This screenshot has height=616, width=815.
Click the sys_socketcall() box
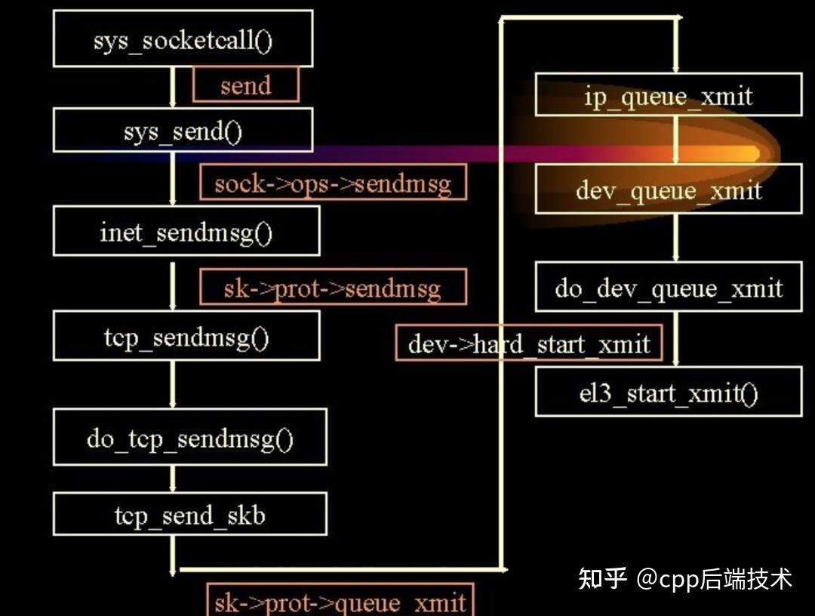coord(183,38)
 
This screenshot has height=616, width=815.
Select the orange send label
coord(246,85)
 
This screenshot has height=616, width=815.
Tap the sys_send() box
coord(183,131)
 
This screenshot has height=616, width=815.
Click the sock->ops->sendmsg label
coord(333,183)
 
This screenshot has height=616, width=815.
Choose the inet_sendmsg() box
coord(186,231)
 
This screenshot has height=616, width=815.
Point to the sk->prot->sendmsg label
coord(333,288)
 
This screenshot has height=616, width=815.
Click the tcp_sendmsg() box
coord(186,336)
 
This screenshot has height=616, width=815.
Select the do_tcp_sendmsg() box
coord(189,437)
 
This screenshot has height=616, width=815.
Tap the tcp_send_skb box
coord(189,515)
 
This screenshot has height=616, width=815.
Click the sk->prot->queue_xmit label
coord(340,601)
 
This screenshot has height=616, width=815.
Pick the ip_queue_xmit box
coord(668,95)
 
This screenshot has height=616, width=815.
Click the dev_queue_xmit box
coord(668,189)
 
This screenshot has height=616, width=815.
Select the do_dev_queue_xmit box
coord(668,287)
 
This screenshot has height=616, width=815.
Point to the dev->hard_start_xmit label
coord(528,343)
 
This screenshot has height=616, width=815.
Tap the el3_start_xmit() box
coord(668,393)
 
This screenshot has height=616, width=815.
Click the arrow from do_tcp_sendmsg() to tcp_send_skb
coord(173,479)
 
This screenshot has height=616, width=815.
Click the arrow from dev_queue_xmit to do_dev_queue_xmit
coord(675,237)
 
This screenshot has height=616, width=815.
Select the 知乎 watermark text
coord(602,578)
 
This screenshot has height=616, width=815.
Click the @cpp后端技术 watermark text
coord(714,578)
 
